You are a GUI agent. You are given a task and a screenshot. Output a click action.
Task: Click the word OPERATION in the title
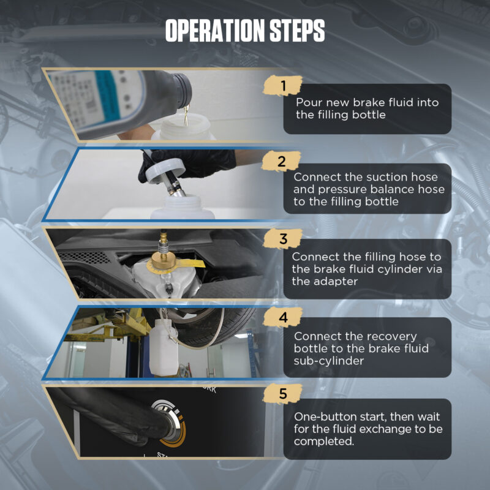click(216, 31)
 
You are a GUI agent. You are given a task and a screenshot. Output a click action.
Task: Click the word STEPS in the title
click(297, 31)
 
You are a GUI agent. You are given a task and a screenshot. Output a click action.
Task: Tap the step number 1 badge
click(283, 86)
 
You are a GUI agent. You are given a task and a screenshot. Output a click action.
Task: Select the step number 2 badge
click(281, 161)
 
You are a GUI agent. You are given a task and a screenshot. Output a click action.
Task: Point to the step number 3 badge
click(283, 239)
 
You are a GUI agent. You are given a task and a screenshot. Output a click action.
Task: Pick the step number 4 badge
click(283, 317)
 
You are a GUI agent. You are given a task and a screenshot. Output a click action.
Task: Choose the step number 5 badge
click(283, 394)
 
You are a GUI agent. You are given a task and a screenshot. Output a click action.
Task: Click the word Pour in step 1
click(307, 102)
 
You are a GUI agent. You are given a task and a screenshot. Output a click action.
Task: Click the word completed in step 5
click(324, 442)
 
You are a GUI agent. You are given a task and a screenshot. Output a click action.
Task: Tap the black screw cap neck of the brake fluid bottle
click(183, 90)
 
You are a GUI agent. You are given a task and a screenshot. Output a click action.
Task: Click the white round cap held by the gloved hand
click(165, 170)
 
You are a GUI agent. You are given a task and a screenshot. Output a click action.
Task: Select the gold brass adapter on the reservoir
click(164, 260)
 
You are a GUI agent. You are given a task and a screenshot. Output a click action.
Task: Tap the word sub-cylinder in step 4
click(329, 361)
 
